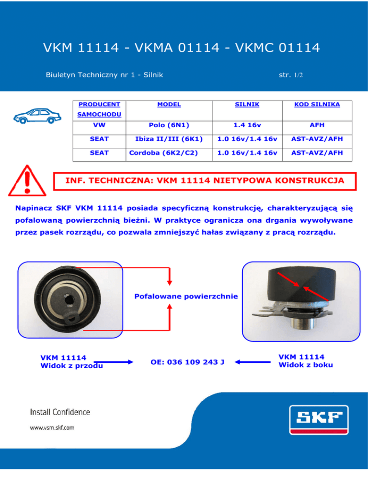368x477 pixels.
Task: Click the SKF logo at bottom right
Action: click(x=318, y=420)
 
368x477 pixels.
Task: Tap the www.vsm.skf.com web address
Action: click(x=53, y=427)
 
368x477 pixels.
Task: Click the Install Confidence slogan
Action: click(x=60, y=412)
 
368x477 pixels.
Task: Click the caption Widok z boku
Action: click(x=306, y=365)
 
